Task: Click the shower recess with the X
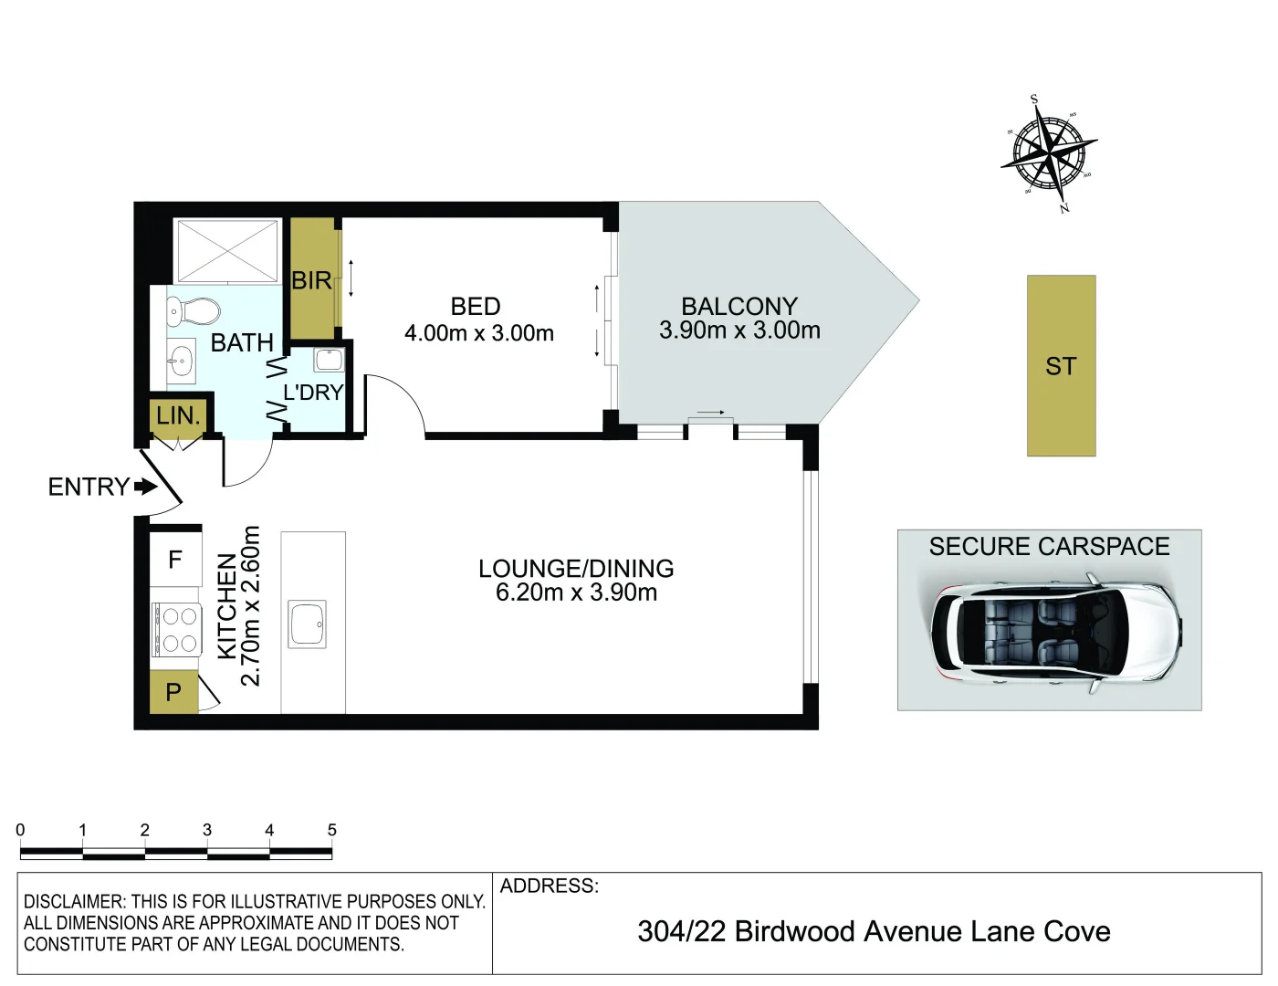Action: click(x=227, y=250)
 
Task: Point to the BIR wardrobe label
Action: click(x=311, y=281)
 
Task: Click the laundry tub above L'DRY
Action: click(x=329, y=359)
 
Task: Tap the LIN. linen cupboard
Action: click(x=178, y=416)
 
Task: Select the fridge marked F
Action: click(x=175, y=560)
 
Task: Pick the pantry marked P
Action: click(x=173, y=693)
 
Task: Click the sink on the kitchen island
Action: click(x=308, y=624)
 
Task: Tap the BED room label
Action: click(x=476, y=307)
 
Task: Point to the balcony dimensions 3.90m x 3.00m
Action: click(x=739, y=330)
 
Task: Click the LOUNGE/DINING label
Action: click(x=576, y=569)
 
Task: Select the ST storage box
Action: click(x=1061, y=366)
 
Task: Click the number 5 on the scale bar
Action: click(x=332, y=831)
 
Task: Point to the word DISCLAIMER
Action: click(x=74, y=902)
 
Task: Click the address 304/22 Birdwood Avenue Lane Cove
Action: click(x=874, y=932)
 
